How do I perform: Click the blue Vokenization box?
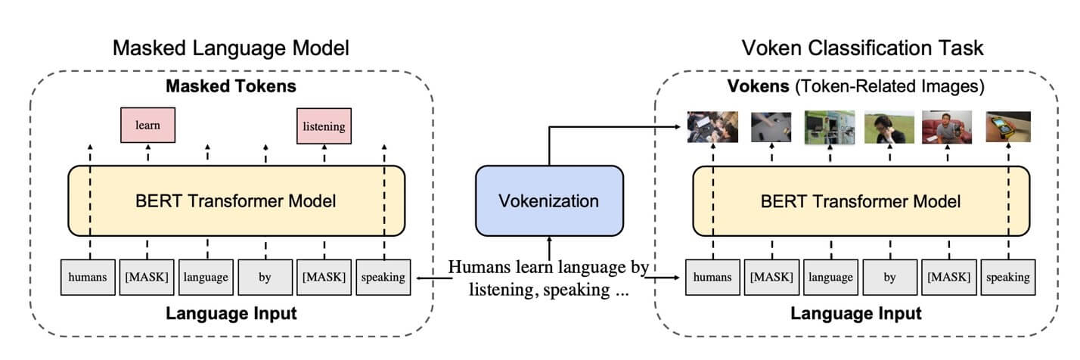[x=548, y=200]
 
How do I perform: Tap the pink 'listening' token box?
[x=324, y=126]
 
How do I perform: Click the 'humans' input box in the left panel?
[x=88, y=277]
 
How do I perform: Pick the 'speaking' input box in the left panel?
[x=383, y=277]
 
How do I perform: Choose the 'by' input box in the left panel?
[x=265, y=277]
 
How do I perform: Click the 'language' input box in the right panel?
[x=830, y=277]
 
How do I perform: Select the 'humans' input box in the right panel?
[x=712, y=277]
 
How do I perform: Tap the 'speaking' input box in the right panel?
[x=1008, y=277]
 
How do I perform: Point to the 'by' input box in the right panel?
[x=889, y=277]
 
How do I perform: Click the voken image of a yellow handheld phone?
[x=1008, y=127]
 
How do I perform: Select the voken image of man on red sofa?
[x=948, y=127]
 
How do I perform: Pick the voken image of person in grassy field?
[x=889, y=127]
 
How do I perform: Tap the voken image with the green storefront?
[x=830, y=127]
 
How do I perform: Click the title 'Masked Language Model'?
[x=231, y=48]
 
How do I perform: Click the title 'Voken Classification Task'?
[x=861, y=48]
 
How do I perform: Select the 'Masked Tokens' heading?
[x=231, y=86]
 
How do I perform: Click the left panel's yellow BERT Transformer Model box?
[x=236, y=201]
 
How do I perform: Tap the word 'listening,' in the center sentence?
[x=501, y=290]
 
